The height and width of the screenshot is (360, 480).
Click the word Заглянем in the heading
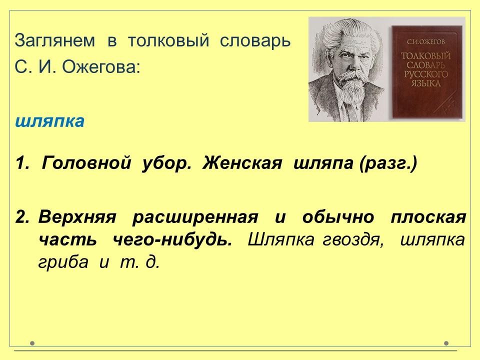pyautogui.click(x=55, y=40)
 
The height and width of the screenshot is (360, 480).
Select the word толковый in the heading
pyautogui.click(x=168, y=40)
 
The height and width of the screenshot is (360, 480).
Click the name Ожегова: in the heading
pyautogui.click(x=101, y=66)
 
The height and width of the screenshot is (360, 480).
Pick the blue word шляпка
pyautogui.click(x=49, y=120)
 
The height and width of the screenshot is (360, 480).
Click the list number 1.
pyautogui.click(x=22, y=162)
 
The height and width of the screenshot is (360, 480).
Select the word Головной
pyautogui.click(x=86, y=162)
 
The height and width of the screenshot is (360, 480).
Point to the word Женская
pyautogui.click(x=242, y=162)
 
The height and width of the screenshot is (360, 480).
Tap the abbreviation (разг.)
pyautogui.click(x=388, y=163)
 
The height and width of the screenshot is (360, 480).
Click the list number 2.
pyautogui.click(x=22, y=217)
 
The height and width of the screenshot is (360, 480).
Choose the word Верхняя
pyautogui.click(x=77, y=217)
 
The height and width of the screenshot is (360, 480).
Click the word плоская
pyautogui.click(x=428, y=217)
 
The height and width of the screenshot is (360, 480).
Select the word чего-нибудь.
pyautogui.click(x=172, y=239)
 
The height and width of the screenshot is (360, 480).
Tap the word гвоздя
pyautogui.click(x=352, y=239)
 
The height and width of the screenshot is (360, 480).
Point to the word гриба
pyautogui.click(x=63, y=262)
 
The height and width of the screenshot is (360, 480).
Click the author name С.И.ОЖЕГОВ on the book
pyautogui.click(x=425, y=41)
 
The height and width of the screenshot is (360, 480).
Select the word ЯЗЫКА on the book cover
pyautogui.click(x=426, y=83)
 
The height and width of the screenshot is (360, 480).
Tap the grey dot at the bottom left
pyautogui.click(x=32, y=343)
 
